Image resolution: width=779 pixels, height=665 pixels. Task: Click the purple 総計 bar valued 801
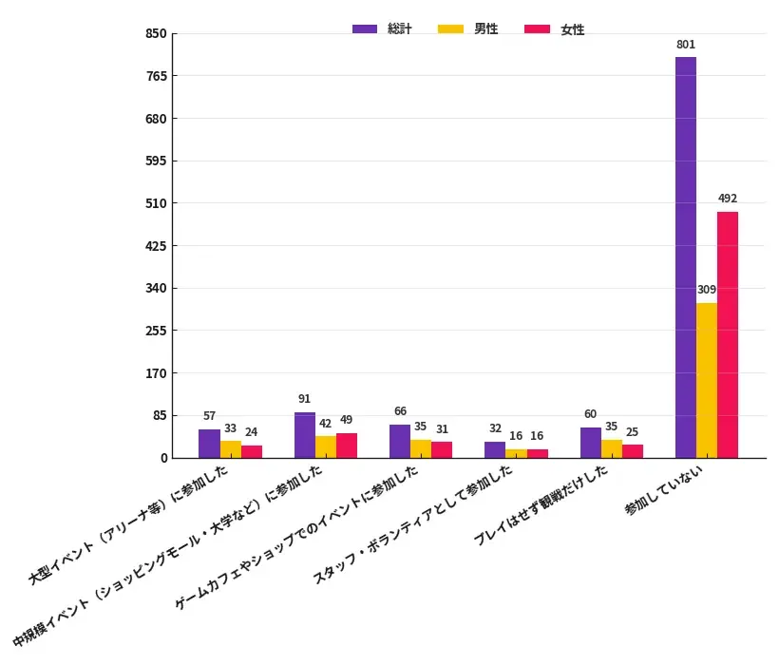coord(685,257)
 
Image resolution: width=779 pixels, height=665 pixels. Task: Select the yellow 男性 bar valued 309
coord(706,380)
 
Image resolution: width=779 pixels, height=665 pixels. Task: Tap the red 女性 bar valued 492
coord(727,334)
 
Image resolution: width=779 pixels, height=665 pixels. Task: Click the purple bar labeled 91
coord(304,435)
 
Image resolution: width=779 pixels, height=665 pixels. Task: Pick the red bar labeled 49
coord(346,446)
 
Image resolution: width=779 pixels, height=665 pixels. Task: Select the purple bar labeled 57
coord(209,444)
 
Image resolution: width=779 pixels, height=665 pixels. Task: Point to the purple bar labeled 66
coord(400,442)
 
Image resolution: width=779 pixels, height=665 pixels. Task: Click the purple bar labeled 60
coord(590,443)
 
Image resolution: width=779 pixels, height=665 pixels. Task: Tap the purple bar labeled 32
coord(495,450)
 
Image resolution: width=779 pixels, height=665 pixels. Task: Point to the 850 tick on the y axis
coord(156,34)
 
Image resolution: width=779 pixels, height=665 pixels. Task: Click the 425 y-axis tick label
coord(156,246)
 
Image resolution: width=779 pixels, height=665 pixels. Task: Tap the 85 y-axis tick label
coord(160,416)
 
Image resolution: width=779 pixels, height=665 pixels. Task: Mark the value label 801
coord(686,45)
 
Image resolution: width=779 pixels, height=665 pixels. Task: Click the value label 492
coord(728,199)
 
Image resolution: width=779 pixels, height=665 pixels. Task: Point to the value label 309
coord(706,290)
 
